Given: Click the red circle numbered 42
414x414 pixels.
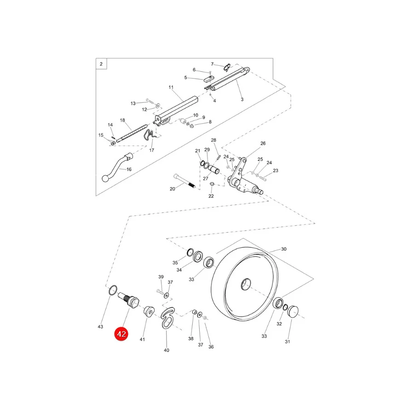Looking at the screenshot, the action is [x=121, y=334].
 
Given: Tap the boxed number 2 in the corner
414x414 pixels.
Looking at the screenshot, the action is [x=101, y=64].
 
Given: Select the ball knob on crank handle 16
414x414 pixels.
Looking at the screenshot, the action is [x=106, y=178].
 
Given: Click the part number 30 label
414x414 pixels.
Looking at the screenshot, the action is [x=283, y=249].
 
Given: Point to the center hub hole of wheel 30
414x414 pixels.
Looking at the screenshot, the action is [x=246, y=284].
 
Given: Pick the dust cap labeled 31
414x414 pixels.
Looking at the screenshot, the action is [x=293, y=312].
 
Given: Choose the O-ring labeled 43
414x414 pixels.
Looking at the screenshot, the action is [x=113, y=290].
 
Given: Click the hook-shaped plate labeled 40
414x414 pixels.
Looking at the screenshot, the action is [x=167, y=318].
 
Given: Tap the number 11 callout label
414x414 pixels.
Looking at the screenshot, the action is [x=171, y=87].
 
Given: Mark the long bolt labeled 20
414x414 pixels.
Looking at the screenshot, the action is [x=184, y=181].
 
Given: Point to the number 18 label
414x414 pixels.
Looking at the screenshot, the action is [x=122, y=120].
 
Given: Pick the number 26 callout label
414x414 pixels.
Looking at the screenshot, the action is [x=263, y=144].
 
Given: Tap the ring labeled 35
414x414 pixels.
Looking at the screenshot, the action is [x=190, y=252].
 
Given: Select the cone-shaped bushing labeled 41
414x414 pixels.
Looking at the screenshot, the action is [x=149, y=311].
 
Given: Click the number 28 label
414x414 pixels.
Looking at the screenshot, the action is [x=213, y=140].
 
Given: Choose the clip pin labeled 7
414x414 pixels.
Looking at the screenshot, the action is [x=227, y=67].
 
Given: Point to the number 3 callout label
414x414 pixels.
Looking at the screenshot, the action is [x=242, y=99].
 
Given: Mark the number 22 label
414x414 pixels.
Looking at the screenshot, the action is [x=211, y=196].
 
